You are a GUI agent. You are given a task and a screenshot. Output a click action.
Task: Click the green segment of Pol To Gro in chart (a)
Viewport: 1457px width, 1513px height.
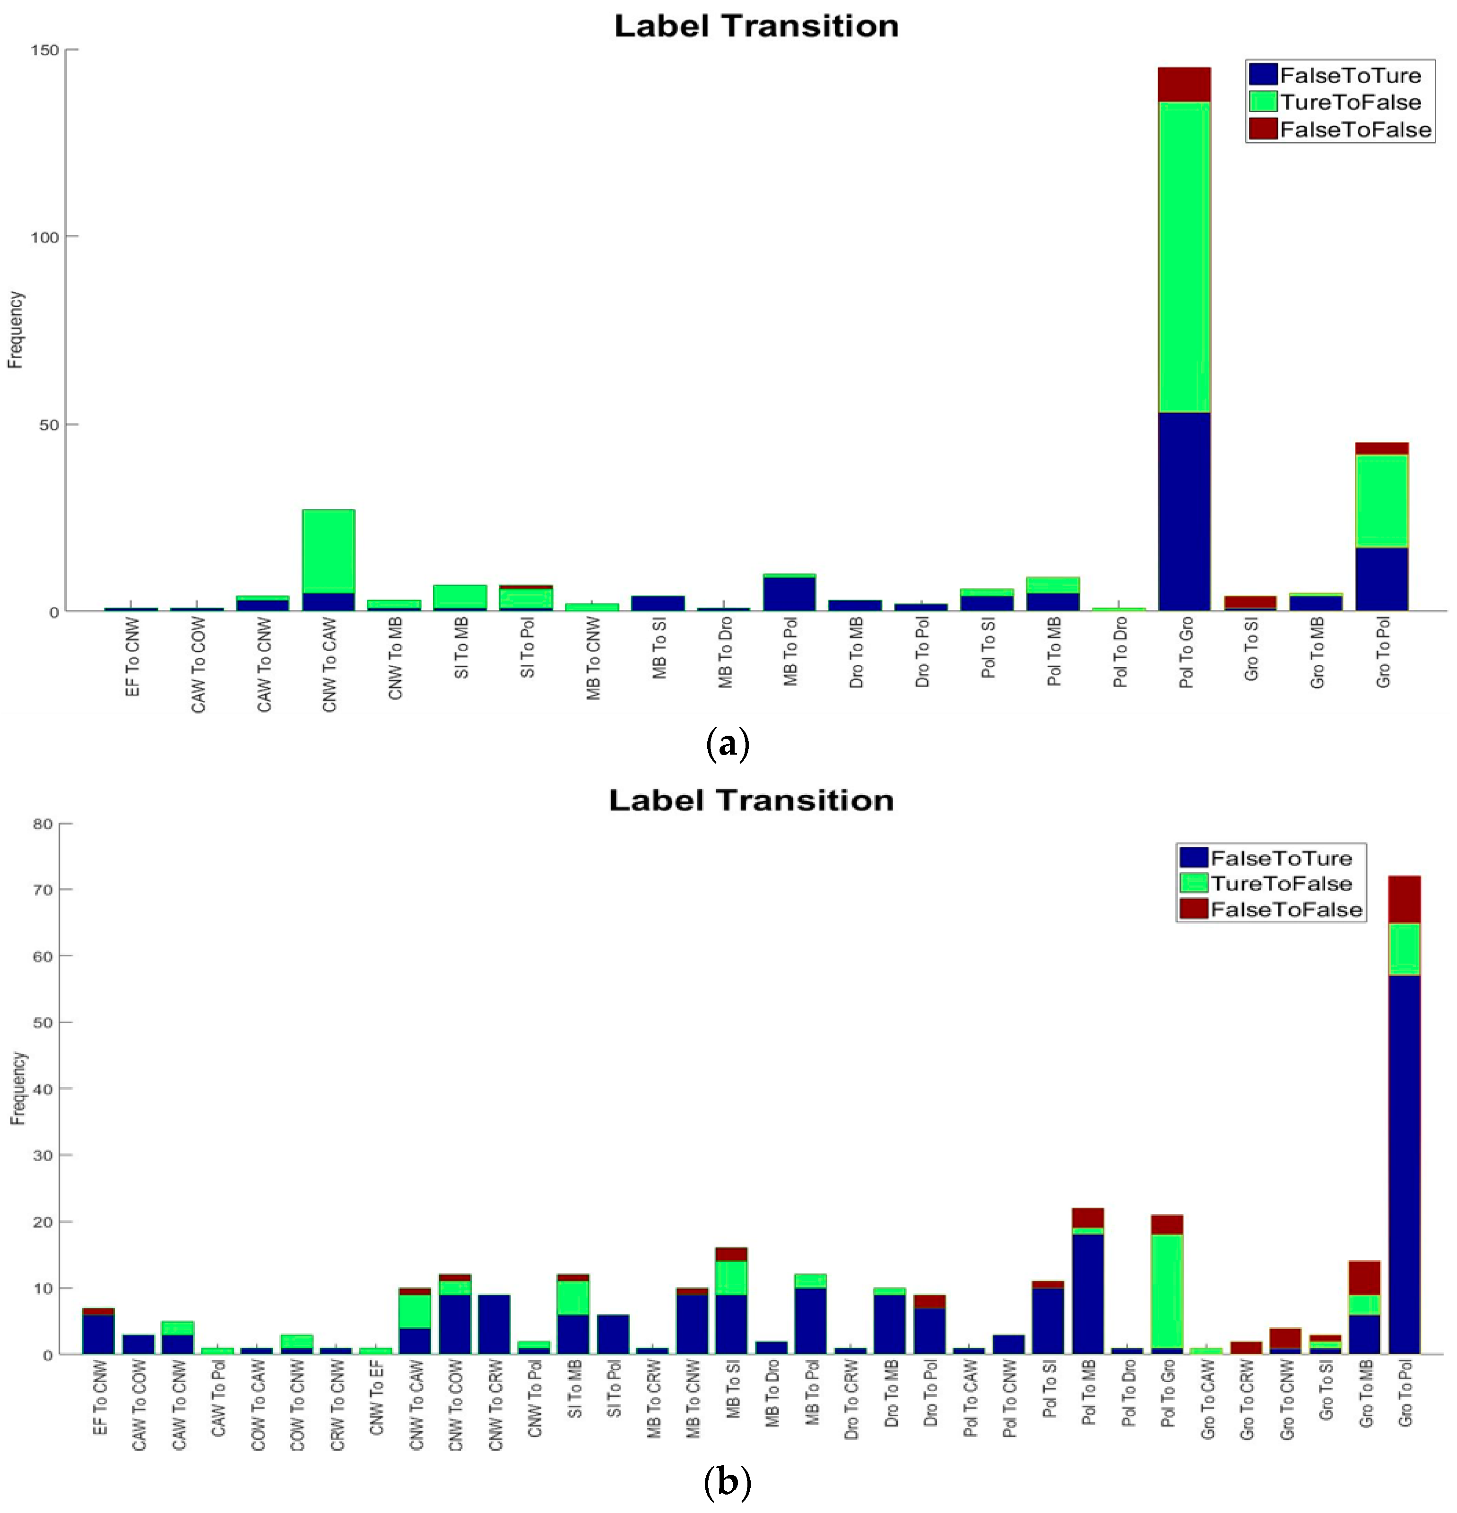(1184, 257)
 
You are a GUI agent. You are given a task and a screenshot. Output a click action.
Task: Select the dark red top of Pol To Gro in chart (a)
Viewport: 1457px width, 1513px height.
(1184, 84)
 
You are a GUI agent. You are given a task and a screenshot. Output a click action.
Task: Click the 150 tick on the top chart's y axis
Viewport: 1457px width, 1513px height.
(45, 50)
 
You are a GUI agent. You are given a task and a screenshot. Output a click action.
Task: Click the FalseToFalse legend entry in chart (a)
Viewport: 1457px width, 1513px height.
(1354, 129)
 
